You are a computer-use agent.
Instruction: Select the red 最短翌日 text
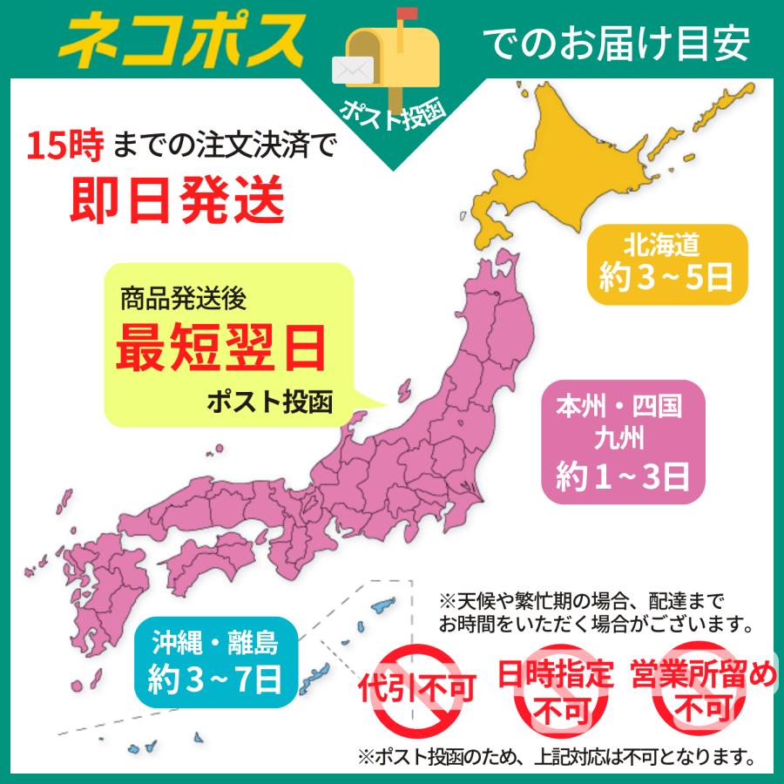pyautogui.click(x=221, y=346)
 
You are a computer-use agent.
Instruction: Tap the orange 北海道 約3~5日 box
pyautogui.click(x=667, y=264)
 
